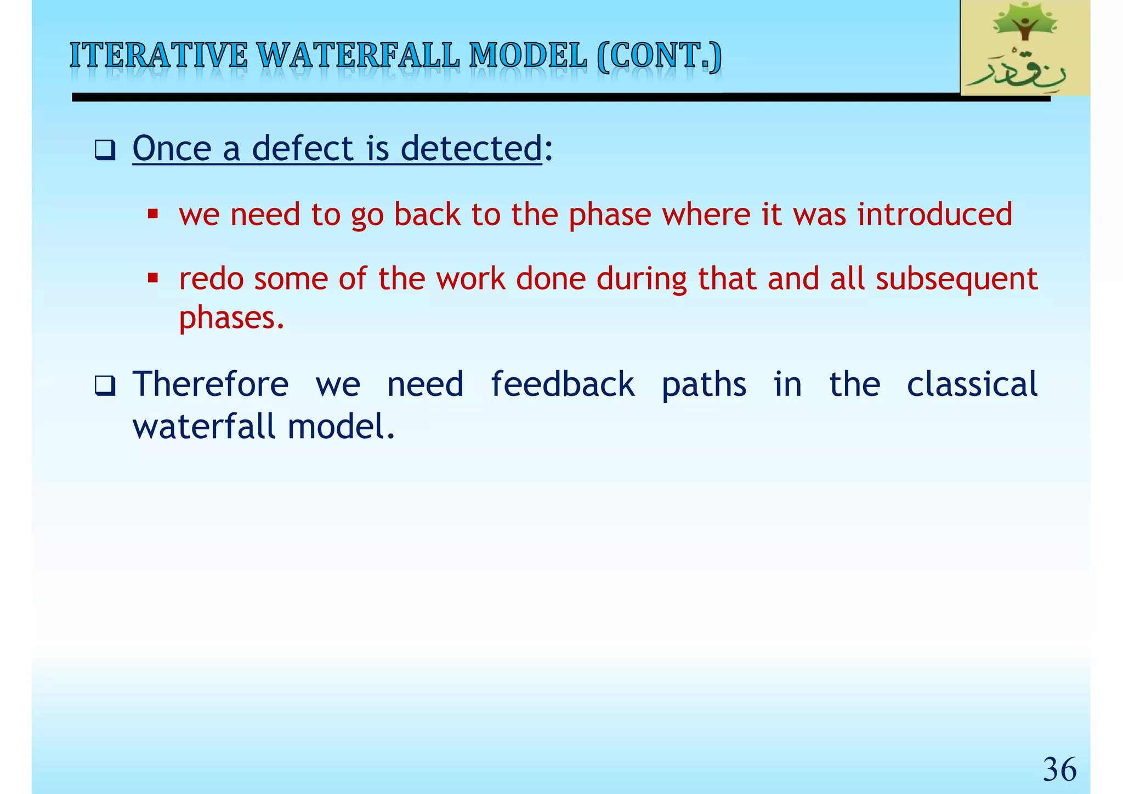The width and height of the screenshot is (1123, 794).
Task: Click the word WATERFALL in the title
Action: coord(358,56)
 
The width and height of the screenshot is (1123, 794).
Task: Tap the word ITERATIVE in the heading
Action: coord(158,56)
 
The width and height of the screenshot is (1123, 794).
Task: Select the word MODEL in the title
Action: coord(528,56)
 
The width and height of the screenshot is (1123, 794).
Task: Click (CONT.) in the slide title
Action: coord(659,56)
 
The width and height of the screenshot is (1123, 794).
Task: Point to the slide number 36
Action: coord(1059,769)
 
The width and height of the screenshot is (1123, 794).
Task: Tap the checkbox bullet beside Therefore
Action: coord(104,385)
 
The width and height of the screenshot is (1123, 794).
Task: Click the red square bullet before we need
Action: coord(153,214)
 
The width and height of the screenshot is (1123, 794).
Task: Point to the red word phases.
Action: coord(231,317)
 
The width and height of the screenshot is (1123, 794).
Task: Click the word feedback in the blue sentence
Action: coord(562,384)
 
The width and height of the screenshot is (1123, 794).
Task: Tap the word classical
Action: coord(972,384)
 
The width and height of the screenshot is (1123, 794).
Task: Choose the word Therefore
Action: coord(211,384)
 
